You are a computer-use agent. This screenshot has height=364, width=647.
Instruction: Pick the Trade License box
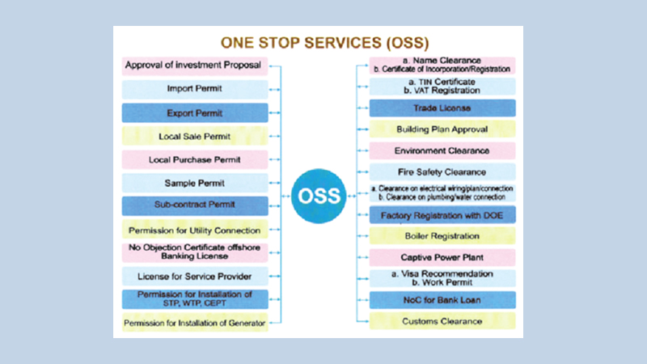(x=442, y=108)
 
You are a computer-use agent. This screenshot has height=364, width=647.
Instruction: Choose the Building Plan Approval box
(x=442, y=129)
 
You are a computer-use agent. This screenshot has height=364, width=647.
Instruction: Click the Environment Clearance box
(x=442, y=150)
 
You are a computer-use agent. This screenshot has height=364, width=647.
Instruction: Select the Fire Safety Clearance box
(x=442, y=171)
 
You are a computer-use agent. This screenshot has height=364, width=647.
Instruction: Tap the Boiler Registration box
(x=442, y=236)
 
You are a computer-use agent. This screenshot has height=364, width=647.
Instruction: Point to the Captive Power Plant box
(x=442, y=257)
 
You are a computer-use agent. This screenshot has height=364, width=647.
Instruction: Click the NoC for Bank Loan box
(x=442, y=300)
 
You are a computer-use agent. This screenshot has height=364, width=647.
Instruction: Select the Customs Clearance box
(x=442, y=321)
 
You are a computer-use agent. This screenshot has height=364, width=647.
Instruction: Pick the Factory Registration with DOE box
(x=442, y=215)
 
